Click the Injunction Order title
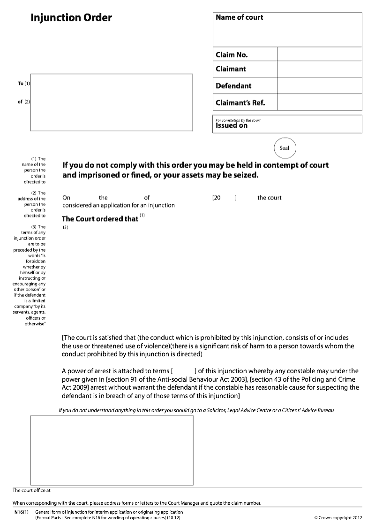(x=71, y=18)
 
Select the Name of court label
(x=239, y=17)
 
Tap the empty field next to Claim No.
(x=319, y=54)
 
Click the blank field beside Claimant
(x=319, y=69)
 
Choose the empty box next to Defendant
(x=319, y=86)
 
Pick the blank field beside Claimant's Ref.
(x=319, y=103)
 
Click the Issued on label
(x=232, y=126)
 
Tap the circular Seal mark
(x=285, y=148)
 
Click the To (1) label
(x=24, y=84)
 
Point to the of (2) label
(x=24, y=101)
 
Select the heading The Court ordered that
(x=100, y=219)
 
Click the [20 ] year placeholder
(x=225, y=198)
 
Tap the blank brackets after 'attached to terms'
(x=185, y=371)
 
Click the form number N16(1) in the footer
(x=22, y=512)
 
